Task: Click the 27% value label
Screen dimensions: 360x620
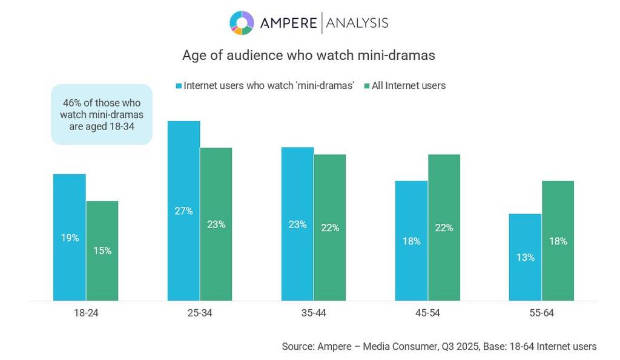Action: pos(184,211)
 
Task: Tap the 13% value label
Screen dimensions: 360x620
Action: pos(525,257)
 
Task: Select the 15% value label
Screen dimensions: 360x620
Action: pos(102,250)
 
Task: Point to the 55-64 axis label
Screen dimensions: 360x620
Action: pos(541,313)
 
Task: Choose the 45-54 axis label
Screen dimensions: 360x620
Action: pos(427,313)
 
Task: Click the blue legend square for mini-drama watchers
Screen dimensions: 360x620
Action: pos(179,86)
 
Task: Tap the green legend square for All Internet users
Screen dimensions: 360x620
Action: pos(367,86)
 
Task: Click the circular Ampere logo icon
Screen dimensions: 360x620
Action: pos(242,23)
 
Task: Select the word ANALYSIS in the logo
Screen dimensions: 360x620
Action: pos(357,23)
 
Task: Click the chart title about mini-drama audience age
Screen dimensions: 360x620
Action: pos(309,55)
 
